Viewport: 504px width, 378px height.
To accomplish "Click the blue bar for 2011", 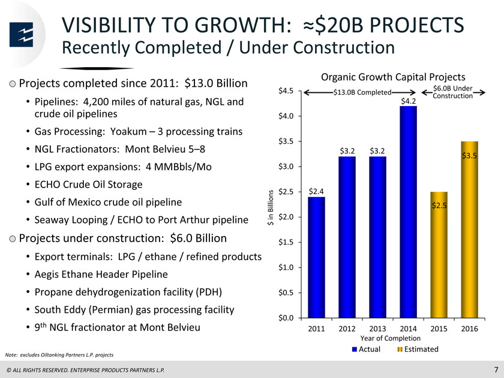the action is pyautogui.click(x=316, y=258).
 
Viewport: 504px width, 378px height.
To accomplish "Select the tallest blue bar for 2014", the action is pyautogui.click(x=408, y=212).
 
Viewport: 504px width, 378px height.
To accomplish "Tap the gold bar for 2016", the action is pyautogui.click(x=469, y=229).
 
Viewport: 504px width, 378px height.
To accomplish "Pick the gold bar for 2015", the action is pyautogui.click(x=439, y=255).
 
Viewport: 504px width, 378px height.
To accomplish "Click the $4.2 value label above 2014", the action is pyautogui.click(x=408, y=101).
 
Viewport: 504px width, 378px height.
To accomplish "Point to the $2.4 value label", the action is pyautogui.click(x=316, y=192).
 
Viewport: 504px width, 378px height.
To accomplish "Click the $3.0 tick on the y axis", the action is pyautogui.click(x=286, y=167).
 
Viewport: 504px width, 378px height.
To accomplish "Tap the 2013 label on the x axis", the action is pyautogui.click(x=377, y=329).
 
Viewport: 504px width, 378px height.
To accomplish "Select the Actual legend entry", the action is pyautogui.click(x=366, y=349).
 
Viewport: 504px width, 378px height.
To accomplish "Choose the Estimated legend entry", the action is pyautogui.click(x=418, y=349).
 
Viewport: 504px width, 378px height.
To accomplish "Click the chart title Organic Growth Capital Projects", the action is pyautogui.click(x=393, y=77).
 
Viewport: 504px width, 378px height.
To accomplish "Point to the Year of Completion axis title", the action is pyautogui.click(x=390, y=338).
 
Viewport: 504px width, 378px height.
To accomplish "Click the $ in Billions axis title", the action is pyautogui.click(x=271, y=207).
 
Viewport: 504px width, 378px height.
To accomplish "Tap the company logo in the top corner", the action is pyautogui.click(x=21, y=35).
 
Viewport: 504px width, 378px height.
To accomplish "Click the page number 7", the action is pyautogui.click(x=496, y=370).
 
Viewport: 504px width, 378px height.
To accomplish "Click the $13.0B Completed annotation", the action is pyautogui.click(x=362, y=92).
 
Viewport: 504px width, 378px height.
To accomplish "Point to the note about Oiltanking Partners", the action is pyautogui.click(x=59, y=355).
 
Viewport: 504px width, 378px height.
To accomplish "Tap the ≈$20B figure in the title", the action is pyautogui.click(x=333, y=25).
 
